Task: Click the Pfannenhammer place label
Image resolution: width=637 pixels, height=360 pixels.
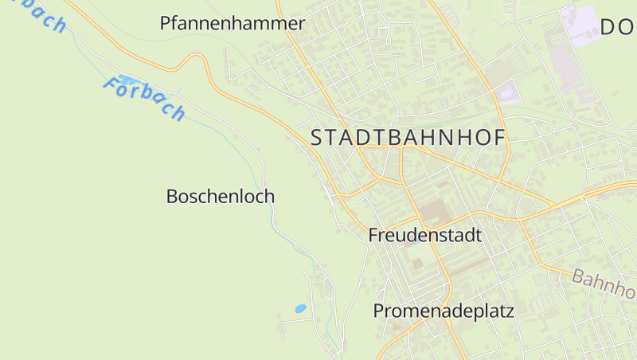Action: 233,23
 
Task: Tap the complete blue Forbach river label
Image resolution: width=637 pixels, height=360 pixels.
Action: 144,98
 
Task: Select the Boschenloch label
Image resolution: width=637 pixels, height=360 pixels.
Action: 221,196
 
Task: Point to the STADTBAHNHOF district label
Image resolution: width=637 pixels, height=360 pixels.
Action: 408,137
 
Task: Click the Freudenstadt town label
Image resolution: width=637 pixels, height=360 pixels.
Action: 425,236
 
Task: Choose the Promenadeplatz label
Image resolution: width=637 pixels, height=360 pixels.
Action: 444,311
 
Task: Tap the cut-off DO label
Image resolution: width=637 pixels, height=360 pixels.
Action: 618,27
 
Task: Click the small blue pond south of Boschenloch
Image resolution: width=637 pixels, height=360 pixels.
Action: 300,308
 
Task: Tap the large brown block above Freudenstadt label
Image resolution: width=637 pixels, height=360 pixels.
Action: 434,212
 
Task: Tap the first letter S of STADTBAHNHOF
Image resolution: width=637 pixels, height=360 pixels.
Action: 317,137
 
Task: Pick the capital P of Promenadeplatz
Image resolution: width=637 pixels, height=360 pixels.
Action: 379,311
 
